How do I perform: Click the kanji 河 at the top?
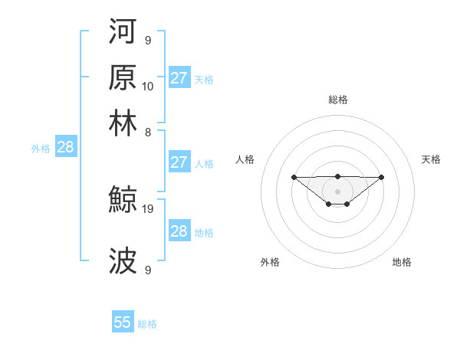tap(123, 33)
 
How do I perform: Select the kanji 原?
tap(123, 78)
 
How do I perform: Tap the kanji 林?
tap(123, 123)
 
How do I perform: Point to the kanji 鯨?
tap(123, 201)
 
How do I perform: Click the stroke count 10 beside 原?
tap(148, 86)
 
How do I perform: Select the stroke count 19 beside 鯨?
tap(148, 208)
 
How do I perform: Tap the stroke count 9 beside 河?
tap(148, 40)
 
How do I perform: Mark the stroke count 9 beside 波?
tap(148, 270)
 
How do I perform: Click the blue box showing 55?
tap(123, 322)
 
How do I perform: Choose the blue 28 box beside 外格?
tap(65, 148)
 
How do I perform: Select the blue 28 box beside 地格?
tap(179, 231)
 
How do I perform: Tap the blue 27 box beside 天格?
tap(179, 78)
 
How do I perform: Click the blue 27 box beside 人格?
tap(179, 162)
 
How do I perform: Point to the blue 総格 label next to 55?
tap(147, 324)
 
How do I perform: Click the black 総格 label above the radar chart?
tap(337, 100)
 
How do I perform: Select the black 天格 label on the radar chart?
tap(431, 159)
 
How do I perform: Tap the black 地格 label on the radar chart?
tap(402, 262)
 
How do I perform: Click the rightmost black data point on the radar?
tap(382, 177)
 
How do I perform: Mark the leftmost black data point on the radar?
tap(294, 177)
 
